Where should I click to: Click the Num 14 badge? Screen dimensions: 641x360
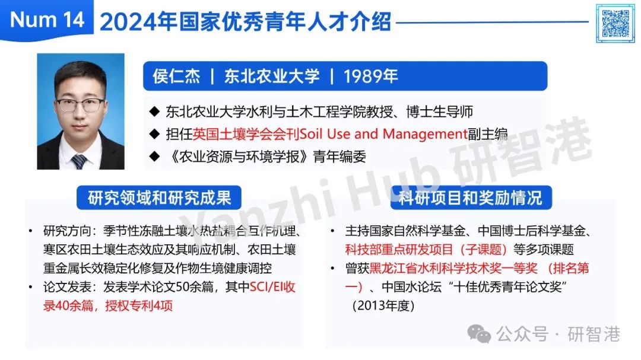47,20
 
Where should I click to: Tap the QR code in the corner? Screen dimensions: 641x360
615,23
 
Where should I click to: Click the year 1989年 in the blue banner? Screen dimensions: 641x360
370,76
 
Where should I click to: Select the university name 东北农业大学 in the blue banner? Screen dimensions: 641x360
271,76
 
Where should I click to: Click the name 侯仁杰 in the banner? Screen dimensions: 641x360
176,76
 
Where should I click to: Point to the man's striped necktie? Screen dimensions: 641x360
79,161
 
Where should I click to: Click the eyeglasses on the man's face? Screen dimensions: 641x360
81,105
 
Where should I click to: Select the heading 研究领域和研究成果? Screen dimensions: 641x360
159,197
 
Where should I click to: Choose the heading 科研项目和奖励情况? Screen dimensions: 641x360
471,197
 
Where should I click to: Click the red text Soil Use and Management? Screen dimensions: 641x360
383,133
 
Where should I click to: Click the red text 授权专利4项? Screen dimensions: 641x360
139,305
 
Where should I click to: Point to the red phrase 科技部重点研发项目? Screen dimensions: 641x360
399,249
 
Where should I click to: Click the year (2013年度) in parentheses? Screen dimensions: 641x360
383,305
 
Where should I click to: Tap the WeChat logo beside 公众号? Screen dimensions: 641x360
479,334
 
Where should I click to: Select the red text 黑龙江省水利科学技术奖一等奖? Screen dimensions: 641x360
453,268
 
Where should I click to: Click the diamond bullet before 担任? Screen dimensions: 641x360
154,133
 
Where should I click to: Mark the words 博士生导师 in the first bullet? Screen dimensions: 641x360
439,111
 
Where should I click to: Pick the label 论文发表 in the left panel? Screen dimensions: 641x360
68,287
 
